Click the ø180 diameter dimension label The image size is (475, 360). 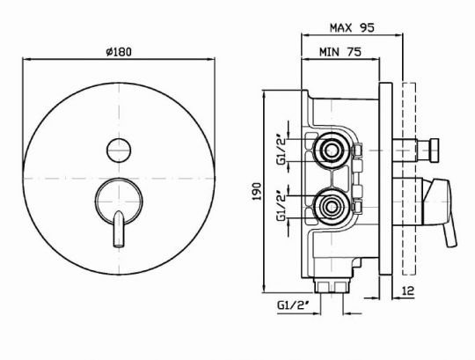[x=119, y=52]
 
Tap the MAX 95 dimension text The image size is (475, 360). [x=352, y=28]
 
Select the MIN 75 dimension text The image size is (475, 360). [x=340, y=52]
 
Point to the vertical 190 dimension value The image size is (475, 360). [x=257, y=191]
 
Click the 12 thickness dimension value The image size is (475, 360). [x=408, y=291]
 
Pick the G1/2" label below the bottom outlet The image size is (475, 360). [x=293, y=305]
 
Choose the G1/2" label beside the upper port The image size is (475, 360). [x=281, y=151]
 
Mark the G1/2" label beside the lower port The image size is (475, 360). [x=281, y=206]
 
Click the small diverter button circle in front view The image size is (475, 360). [x=119, y=151]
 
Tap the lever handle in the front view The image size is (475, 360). [x=119, y=229]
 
